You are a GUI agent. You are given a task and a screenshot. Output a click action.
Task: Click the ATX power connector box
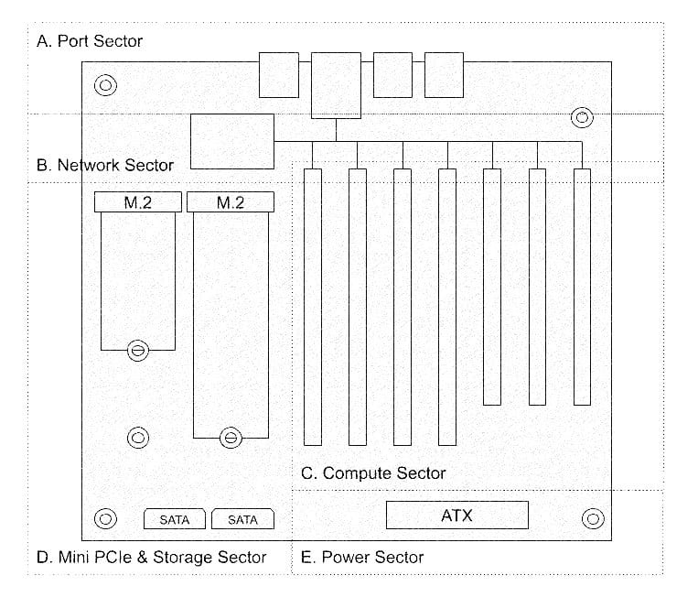point(456,516)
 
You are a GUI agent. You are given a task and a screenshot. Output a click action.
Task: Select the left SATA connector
point(175,520)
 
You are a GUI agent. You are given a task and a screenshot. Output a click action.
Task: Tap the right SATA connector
point(242,520)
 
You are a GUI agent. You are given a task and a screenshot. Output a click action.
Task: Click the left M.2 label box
point(137,202)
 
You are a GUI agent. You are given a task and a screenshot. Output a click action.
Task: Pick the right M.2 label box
point(231,202)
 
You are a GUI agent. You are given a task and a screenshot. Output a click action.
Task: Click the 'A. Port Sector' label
point(90,41)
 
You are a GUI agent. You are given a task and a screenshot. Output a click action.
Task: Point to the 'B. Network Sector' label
point(104,166)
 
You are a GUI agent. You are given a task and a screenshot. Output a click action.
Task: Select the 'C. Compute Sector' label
point(373,473)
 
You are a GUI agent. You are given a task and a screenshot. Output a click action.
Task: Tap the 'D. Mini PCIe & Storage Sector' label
point(152,557)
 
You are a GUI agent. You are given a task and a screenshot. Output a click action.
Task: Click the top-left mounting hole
point(105,86)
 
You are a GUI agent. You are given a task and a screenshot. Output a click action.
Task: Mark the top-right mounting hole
point(582,117)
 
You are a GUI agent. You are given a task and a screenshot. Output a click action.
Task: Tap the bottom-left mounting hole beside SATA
point(105,518)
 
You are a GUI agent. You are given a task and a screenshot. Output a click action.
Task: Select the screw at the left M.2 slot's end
point(137,350)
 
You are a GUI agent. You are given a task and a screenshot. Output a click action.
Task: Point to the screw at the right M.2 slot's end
point(231,439)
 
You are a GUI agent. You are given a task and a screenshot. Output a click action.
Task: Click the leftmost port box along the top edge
point(278,74)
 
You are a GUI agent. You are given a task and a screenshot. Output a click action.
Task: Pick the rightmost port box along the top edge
point(444,74)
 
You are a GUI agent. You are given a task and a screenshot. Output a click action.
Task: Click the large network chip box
point(231,141)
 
